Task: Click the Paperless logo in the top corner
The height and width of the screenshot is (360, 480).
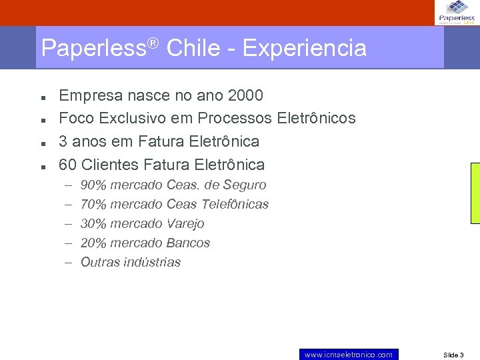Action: pyautogui.click(x=457, y=12)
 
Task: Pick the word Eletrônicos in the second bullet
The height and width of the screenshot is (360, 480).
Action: pyautogui.click(x=316, y=119)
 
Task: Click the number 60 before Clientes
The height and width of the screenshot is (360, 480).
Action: pyautogui.click(x=68, y=165)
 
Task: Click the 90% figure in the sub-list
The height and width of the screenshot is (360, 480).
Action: pyautogui.click(x=93, y=185)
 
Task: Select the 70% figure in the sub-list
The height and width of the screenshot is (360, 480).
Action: pyautogui.click(x=93, y=205)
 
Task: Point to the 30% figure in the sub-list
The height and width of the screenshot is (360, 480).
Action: pyautogui.click(x=93, y=224)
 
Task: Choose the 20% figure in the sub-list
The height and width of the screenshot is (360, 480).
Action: pyautogui.click(x=93, y=243)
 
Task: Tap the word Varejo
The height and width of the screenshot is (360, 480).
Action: pyautogui.click(x=185, y=224)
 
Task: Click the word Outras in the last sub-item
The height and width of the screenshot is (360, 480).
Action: pyautogui.click(x=100, y=263)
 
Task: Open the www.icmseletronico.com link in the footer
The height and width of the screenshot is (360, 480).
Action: pyautogui.click(x=349, y=355)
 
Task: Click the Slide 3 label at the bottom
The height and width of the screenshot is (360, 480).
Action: pyautogui.click(x=453, y=355)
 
